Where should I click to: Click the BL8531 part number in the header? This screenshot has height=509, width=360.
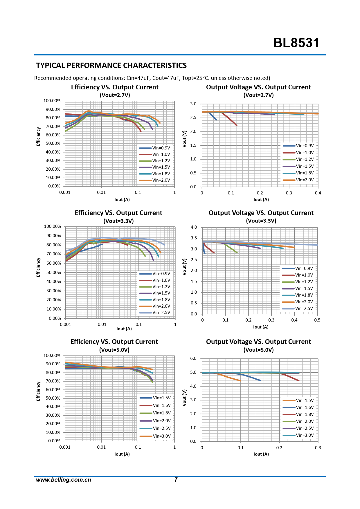point(296,43)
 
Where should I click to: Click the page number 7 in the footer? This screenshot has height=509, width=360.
point(176,480)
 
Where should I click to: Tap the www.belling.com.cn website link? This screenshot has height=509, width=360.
point(63,480)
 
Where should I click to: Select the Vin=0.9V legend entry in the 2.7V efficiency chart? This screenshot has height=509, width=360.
point(161,148)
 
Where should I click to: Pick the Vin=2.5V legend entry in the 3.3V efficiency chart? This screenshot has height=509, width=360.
point(161,313)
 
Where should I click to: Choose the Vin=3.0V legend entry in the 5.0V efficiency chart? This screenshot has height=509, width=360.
point(161,436)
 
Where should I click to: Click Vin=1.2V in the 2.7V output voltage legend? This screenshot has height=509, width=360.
point(305,159)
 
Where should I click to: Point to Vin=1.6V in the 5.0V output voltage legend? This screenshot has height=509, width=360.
point(305,407)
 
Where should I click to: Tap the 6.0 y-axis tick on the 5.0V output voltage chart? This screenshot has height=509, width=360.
point(193,358)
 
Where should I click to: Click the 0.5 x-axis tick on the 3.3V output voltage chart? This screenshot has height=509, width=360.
point(317,320)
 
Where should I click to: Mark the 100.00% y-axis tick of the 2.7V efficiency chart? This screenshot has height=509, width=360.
point(52,101)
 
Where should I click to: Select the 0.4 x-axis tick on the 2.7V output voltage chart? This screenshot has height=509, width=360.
point(318,193)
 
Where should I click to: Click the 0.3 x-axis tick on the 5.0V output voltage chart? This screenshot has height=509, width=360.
point(318,448)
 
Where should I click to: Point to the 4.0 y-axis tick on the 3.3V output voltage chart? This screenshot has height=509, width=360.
point(194,227)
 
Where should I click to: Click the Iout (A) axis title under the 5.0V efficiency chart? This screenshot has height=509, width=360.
point(122,454)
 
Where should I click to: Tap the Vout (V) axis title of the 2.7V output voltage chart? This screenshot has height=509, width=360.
point(184,139)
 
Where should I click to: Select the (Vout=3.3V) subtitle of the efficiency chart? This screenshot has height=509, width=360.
point(118,221)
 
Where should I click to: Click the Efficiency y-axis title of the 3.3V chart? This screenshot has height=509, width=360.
point(38,267)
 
